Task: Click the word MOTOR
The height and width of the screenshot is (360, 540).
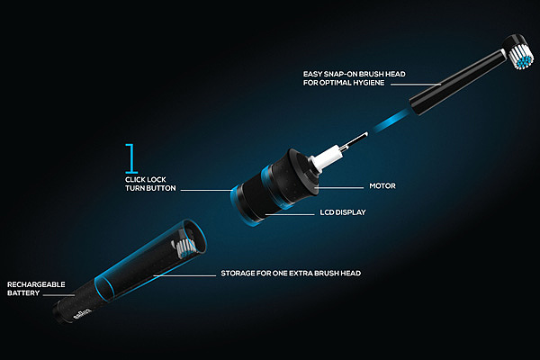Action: pos(382,186)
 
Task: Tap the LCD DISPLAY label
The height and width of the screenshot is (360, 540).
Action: pos(343,212)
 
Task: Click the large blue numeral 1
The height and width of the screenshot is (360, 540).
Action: pos(130,158)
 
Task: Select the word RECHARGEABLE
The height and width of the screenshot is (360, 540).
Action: pos(36,284)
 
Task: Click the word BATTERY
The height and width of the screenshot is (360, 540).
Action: pos(23,293)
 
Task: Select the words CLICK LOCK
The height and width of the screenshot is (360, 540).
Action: pos(146,179)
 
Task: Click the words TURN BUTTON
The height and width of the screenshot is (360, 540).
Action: pos(150,188)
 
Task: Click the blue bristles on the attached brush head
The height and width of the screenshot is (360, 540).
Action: pos(524,62)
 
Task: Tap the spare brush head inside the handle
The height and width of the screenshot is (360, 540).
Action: pos(184,247)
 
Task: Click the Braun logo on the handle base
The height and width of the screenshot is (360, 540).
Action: pos(83,314)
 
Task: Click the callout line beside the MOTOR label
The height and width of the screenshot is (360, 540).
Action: pos(340,188)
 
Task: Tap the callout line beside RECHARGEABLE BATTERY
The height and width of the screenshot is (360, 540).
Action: pos(58,295)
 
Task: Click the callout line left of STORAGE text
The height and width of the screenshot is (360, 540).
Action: pos(184,275)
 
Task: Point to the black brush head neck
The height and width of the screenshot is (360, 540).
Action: pos(457,82)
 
